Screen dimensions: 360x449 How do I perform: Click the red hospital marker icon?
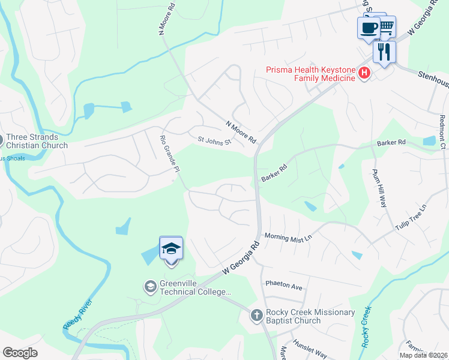[x=363, y=74]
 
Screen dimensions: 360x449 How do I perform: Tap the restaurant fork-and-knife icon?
[x=384, y=51]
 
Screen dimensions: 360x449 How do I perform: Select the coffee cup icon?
[x=369, y=28]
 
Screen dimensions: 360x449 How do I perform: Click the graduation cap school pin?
[x=171, y=248]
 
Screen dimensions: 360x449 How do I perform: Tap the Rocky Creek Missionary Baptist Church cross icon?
[x=256, y=316]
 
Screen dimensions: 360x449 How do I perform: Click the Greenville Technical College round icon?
[x=150, y=287]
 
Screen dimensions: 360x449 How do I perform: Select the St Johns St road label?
[x=214, y=140]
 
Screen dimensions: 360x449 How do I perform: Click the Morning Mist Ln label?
[x=289, y=238]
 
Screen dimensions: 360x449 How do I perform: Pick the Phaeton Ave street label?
[x=283, y=287]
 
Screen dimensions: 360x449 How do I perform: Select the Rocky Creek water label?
[x=366, y=328]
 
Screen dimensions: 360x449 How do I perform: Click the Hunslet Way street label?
[x=310, y=355]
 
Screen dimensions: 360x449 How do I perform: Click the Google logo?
[x=20, y=353]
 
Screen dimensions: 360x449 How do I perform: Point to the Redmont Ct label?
[x=442, y=132]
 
